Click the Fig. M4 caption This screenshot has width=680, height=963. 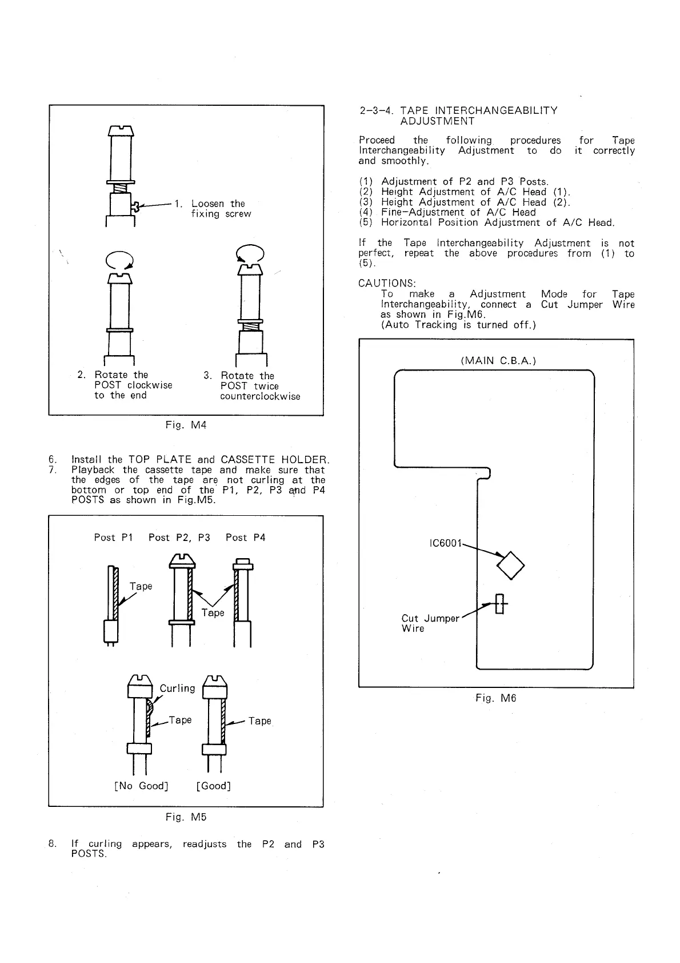(186, 425)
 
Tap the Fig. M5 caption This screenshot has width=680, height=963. (186, 817)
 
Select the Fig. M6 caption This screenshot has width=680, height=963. (495, 698)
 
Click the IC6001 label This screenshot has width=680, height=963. (445, 543)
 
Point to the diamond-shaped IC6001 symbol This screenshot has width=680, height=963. (511, 565)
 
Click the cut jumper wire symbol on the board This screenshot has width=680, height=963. (500, 604)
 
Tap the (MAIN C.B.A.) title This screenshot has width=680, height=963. (498, 360)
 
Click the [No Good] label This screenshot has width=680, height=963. (141, 786)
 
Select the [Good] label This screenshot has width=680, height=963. (213, 786)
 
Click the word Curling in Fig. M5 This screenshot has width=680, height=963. (177, 688)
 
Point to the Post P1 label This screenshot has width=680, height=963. (113, 538)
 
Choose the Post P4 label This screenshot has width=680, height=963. (245, 538)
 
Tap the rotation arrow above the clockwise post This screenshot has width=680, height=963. (119, 260)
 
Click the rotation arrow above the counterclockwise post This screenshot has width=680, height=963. (250, 253)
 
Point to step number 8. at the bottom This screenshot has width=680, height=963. (53, 843)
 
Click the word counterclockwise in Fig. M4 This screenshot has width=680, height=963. (260, 396)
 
